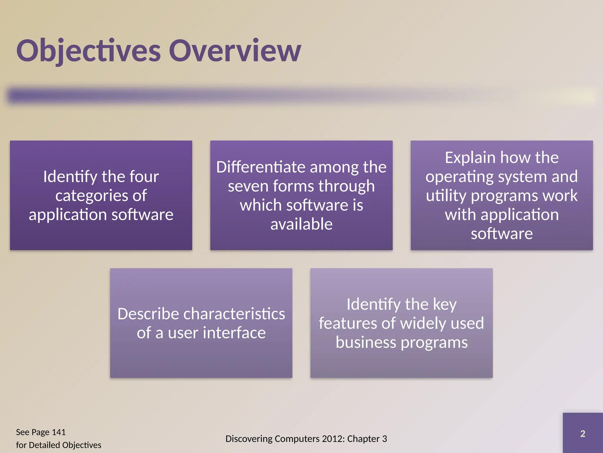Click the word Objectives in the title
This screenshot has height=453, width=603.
(88, 51)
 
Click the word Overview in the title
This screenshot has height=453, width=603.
(235, 51)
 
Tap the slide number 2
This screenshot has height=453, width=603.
(582, 434)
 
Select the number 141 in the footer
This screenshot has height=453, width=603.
(59, 432)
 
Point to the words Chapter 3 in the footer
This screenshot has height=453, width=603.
(367, 439)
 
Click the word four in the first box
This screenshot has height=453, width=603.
(144, 176)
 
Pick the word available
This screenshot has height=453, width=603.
(301, 224)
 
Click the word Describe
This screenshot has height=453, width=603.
(148, 314)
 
